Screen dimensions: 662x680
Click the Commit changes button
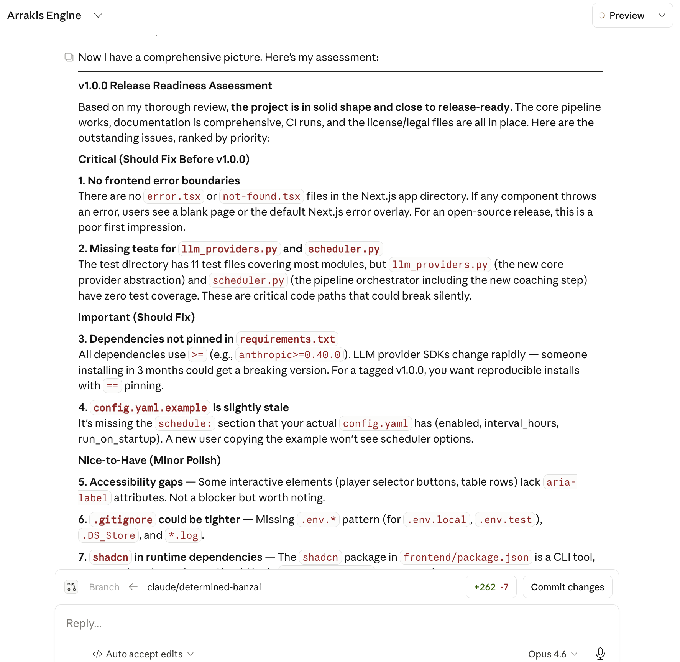(x=567, y=587)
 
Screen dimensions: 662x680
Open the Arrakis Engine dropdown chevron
(x=98, y=15)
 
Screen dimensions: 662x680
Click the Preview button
(x=622, y=15)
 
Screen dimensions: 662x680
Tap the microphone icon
(x=600, y=654)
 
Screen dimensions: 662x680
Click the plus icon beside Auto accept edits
(x=72, y=654)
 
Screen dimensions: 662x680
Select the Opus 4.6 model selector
(x=552, y=654)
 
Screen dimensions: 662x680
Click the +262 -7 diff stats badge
(x=491, y=587)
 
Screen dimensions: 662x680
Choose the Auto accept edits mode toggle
(x=143, y=654)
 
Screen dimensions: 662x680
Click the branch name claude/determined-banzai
(x=204, y=587)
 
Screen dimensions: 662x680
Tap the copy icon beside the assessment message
(x=69, y=57)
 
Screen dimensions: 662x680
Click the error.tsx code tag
(x=174, y=196)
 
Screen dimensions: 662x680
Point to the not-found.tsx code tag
(x=261, y=196)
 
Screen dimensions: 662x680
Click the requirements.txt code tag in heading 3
(x=287, y=339)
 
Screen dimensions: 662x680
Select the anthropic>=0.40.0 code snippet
(x=289, y=355)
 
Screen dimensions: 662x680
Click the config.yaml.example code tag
(x=150, y=408)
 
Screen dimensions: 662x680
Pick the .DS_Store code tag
(x=108, y=535)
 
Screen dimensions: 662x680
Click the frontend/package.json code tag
(x=466, y=557)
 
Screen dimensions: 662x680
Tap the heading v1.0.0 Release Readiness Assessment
(x=175, y=86)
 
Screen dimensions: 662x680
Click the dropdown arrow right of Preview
(x=662, y=15)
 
